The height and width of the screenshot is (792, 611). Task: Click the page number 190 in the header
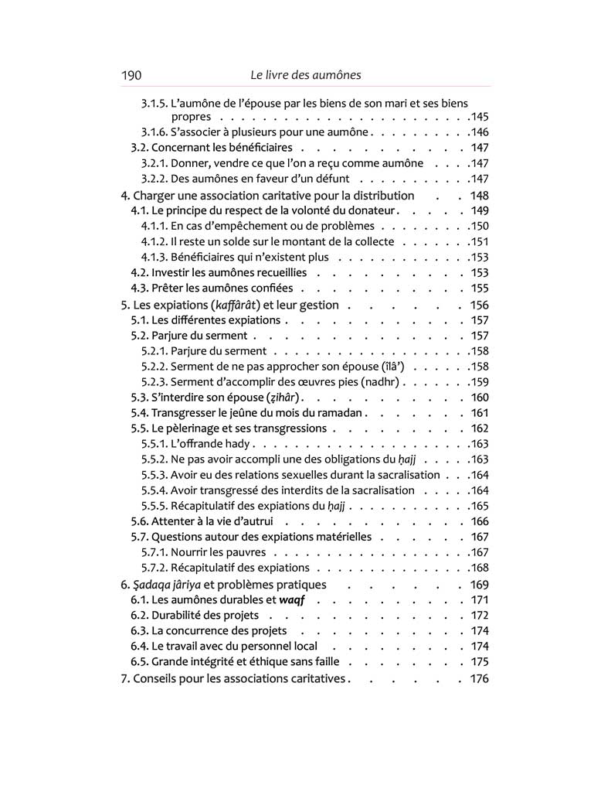[131, 75]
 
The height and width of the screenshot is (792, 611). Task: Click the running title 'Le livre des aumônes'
[306, 75]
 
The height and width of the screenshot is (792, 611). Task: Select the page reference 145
[480, 117]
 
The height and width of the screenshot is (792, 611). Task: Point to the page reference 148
[479, 196]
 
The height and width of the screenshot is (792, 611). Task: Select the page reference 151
[480, 242]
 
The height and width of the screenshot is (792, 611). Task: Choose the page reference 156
[479, 305]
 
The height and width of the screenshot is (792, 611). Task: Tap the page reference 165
[480, 506]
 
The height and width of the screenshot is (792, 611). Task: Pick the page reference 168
[480, 568]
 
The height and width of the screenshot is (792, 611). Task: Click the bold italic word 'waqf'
[283, 600]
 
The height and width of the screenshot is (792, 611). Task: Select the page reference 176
[479, 679]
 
